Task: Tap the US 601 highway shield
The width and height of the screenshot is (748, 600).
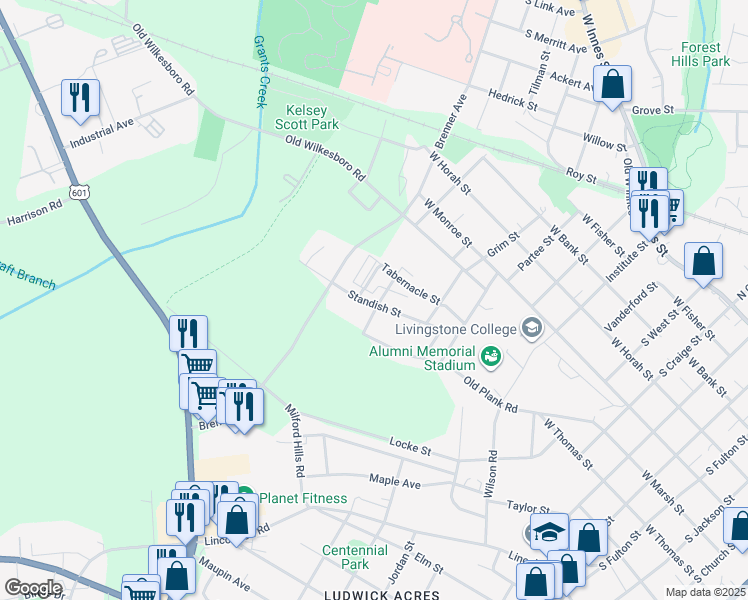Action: (x=78, y=190)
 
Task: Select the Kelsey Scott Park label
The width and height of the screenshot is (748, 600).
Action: (x=312, y=117)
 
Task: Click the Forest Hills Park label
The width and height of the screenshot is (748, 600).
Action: (x=705, y=54)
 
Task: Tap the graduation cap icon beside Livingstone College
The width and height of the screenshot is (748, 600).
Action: (x=532, y=328)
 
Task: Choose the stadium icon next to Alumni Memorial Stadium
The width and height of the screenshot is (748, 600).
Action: (x=490, y=355)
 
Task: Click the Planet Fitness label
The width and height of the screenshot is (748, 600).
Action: (x=303, y=498)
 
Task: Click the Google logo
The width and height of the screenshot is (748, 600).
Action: (x=33, y=588)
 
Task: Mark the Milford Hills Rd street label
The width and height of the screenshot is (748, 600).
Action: (x=295, y=441)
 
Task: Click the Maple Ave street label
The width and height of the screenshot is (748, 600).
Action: (x=394, y=481)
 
